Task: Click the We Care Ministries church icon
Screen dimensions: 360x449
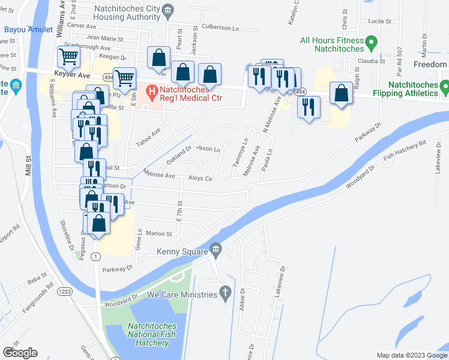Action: point(225,293)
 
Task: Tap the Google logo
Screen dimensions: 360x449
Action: point(20,353)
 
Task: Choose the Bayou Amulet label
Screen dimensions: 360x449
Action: point(28,29)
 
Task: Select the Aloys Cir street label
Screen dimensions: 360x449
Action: point(200,179)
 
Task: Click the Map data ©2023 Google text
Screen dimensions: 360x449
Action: point(410,355)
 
